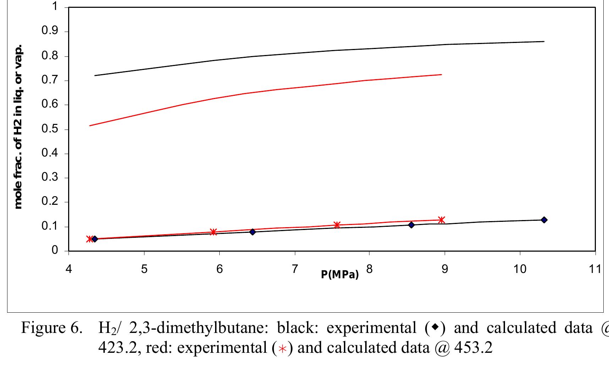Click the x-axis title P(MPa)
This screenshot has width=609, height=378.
coord(340,274)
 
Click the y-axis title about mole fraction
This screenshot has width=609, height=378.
coord(18,127)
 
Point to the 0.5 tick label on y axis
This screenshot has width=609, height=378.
coord(50,129)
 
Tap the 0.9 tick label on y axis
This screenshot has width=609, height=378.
coord(50,31)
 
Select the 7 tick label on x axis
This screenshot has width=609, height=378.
coord(294,269)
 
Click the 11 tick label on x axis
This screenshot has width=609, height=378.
coord(595,269)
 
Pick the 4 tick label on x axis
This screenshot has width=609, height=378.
coord(68,269)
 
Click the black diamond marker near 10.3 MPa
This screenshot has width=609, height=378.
coord(544,220)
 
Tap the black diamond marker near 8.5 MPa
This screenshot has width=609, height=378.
coord(411,225)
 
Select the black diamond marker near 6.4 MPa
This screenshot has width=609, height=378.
coord(252,232)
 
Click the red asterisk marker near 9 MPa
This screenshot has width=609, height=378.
coord(441,220)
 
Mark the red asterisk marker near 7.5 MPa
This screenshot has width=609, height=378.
coord(337,225)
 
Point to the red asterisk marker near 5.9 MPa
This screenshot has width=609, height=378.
coord(213,232)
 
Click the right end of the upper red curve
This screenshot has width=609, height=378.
coord(441,75)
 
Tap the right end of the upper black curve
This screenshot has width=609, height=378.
coord(544,42)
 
